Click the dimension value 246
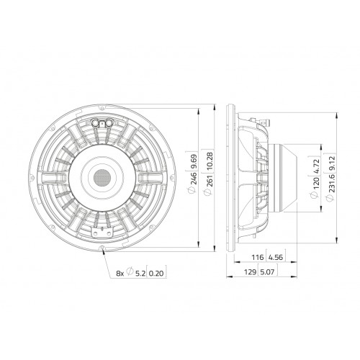pyautogui.click(x=194, y=178)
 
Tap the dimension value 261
pyautogui.click(x=208, y=178)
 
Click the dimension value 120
pyautogui.click(x=315, y=183)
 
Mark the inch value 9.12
pyautogui.click(x=332, y=163)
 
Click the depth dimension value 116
pyautogui.click(x=257, y=258)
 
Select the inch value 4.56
pyautogui.click(x=276, y=258)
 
